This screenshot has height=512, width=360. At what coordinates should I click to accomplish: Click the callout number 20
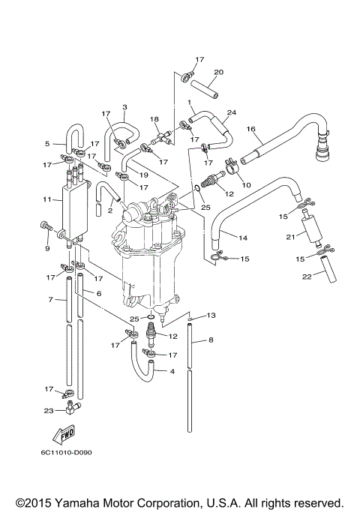pos(219,73)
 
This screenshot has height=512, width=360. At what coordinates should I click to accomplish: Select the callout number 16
pos(252,129)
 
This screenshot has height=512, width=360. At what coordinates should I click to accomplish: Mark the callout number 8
pos(211,340)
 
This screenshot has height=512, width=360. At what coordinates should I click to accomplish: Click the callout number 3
pos(124,106)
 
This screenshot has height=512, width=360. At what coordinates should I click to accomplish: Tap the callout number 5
pos(46,143)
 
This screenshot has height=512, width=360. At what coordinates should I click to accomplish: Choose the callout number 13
pos(211,315)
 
